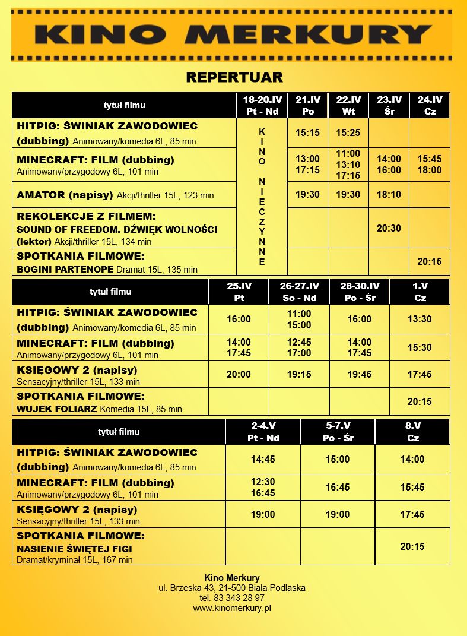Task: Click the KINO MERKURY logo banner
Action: coord(233,34)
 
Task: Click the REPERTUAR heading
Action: coord(234,77)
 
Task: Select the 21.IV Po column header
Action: coord(308,105)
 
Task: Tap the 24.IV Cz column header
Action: coord(430,105)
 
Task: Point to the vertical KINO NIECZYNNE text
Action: coord(262,196)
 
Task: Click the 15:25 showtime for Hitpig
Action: coord(348,132)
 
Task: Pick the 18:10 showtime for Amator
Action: coord(389,194)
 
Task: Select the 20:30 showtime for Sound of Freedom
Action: coord(389,228)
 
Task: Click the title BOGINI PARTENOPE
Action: coord(65,269)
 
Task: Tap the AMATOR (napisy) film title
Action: coord(66,195)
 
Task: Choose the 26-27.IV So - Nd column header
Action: coord(299,292)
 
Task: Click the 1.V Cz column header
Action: coord(420,292)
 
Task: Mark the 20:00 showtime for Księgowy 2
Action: coord(239,374)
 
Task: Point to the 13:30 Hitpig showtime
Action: coord(420,319)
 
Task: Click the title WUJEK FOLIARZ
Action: coord(57,409)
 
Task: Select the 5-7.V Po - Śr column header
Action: coord(338,432)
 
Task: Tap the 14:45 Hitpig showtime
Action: coord(263,459)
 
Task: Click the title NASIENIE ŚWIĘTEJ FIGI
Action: coord(74,549)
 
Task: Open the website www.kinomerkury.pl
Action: coord(232,608)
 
